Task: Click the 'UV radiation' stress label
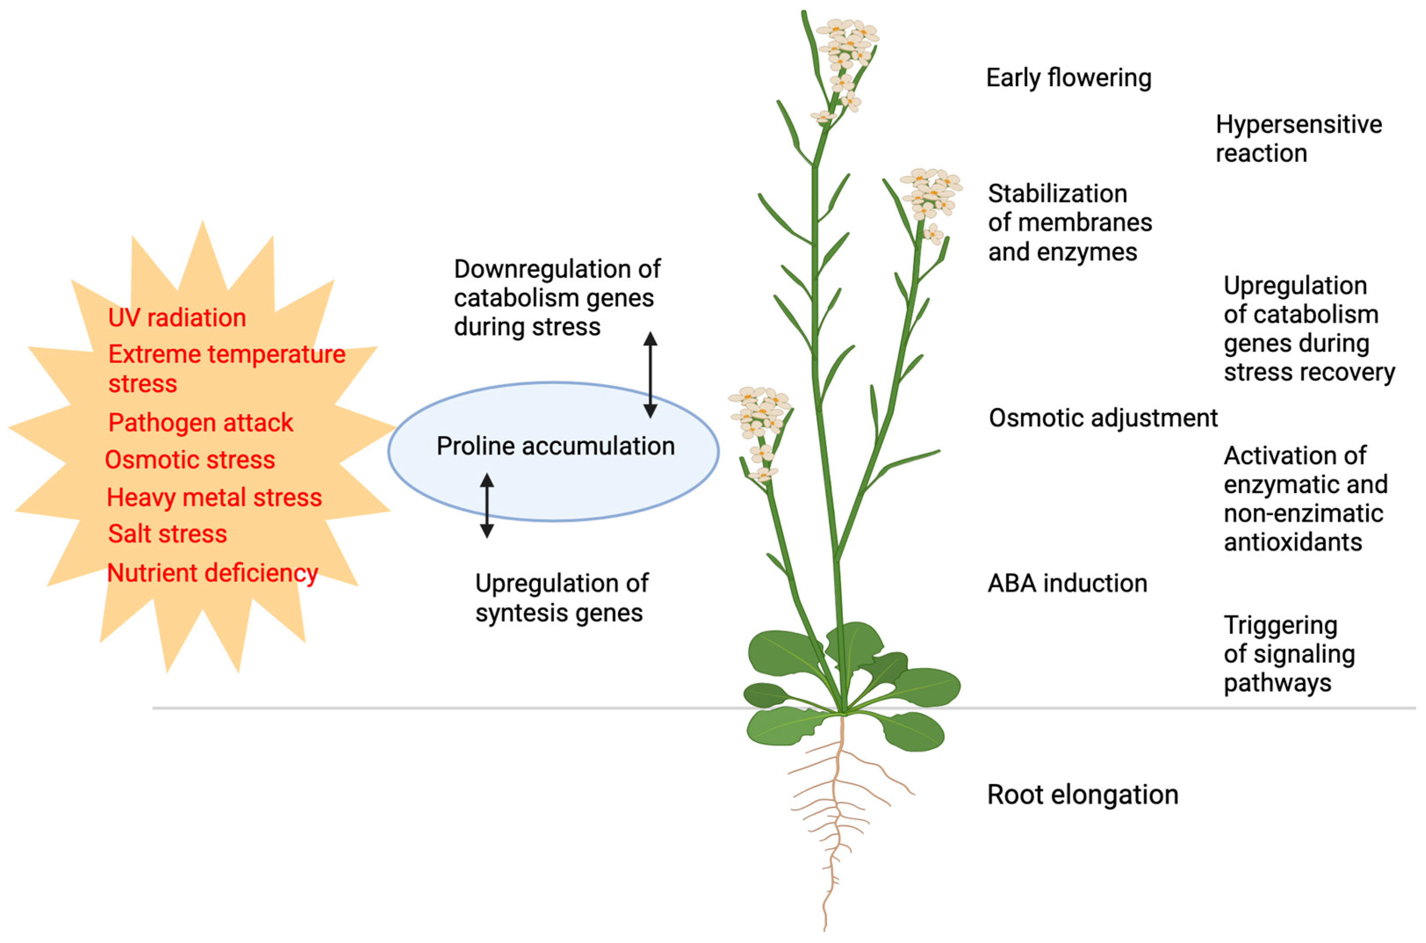pos(177,317)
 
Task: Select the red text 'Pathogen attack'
pos(200,423)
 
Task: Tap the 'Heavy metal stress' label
pos(214,497)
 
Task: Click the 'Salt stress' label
pos(167,534)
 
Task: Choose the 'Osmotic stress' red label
pos(190,460)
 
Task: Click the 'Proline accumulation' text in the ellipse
pos(555,446)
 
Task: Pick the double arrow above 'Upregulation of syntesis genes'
pos(486,505)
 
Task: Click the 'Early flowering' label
pos(1068,78)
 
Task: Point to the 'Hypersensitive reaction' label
pos(1298,139)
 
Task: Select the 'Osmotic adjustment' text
pos(1102,418)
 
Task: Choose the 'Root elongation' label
pos(1082,795)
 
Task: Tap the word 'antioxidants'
pos(1292,543)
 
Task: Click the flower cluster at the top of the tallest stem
pos(847,48)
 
